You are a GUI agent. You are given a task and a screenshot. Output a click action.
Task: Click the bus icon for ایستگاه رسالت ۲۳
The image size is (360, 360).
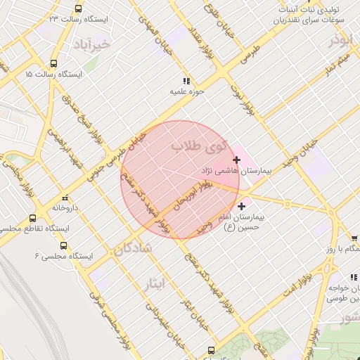(x=77, y=9)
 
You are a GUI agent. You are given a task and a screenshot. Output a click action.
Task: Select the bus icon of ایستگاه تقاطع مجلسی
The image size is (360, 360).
(x=32, y=218)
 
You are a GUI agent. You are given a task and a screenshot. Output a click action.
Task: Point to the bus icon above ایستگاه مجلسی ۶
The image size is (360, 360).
(x=63, y=245)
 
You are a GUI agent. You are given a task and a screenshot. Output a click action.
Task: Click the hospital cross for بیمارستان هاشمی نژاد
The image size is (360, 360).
(x=236, y=160)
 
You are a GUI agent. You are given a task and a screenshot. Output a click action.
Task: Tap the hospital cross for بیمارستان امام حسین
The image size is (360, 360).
(x=242, y=206)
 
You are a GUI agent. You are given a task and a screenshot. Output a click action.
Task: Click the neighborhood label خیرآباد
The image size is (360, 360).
(x=92, y=44)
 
